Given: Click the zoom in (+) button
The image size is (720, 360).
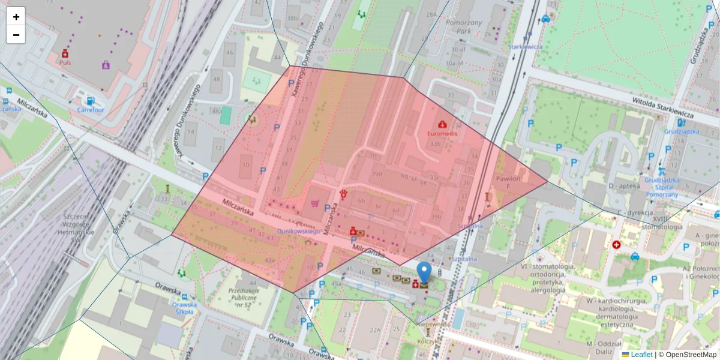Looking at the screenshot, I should [16, 17].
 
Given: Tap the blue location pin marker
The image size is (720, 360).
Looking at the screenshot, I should [424, 273].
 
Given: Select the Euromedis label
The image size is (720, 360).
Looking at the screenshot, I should [442, 133].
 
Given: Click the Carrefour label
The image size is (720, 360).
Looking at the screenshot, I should [91, 110].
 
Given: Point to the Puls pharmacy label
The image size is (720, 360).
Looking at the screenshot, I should [65, 61].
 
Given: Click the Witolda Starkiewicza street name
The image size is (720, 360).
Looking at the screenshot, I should [662, 107].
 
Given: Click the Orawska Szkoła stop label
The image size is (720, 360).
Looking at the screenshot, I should [183, 308].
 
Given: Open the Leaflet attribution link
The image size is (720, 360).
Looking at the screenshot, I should [641, 355].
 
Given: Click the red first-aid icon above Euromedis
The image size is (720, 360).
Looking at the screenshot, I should [442, 124].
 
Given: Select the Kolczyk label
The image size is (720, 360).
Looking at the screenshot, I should [428, 341].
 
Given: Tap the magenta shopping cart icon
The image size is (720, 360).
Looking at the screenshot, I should [314, 203].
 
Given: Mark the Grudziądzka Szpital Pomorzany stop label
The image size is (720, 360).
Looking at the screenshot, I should [662, 187].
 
